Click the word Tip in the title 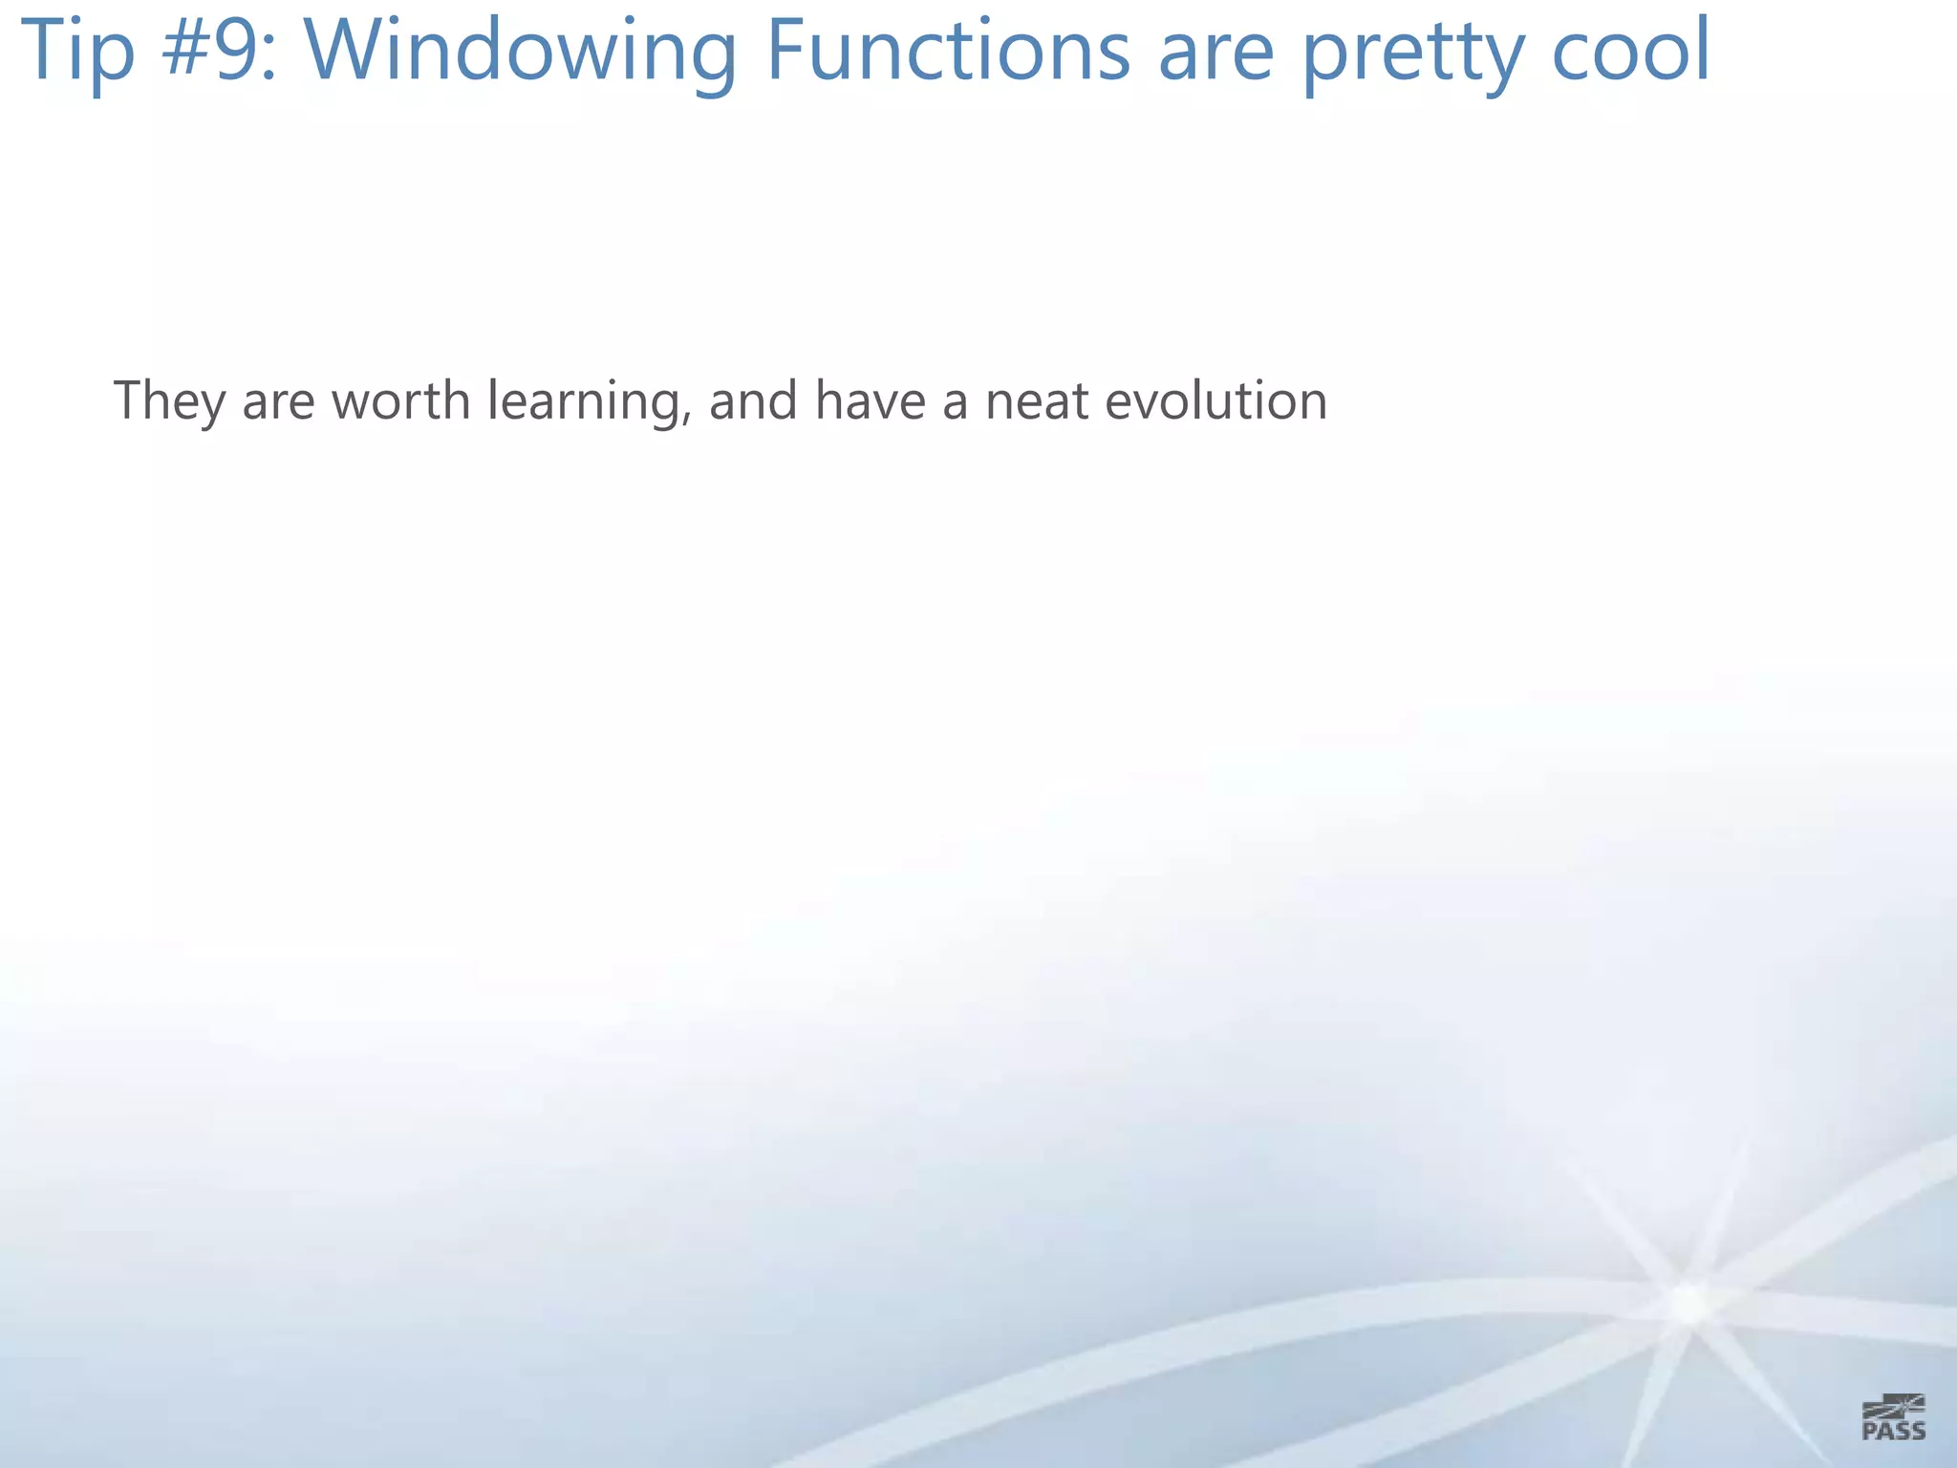pyautogui.click(x=77, y=52)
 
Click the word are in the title pyautogui.click(x=1215, y=52)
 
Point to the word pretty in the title pyautogui.click(x=1413, y=54)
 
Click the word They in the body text pyautogui.click(x=169, y=400)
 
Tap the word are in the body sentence pyautogui.click(x=278, y=401)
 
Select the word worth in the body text pyautogui.click(x=400, y=400)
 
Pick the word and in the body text pyautogui.click(x=753, y=400)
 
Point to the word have pyautogui.click(x=870, y=400)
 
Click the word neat pyautogui.click(x=1037, y=400)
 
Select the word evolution pyautogui.click(x=1215, y=400)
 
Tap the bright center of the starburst pyautogui.click(x=1689, y=1303)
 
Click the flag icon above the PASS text pyautogui.click(x=1894, y=1406)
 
